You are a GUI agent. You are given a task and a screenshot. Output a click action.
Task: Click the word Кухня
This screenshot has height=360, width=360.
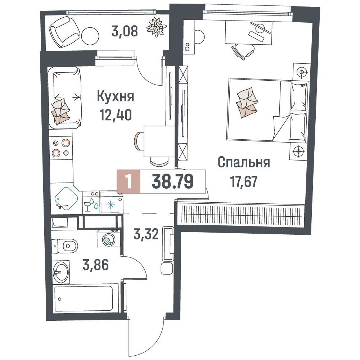[x=115, y=96]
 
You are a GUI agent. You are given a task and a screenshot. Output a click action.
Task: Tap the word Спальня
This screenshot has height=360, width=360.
[x=244, y=162]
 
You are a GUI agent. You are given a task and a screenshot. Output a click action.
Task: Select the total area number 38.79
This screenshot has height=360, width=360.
[x=173, y=181]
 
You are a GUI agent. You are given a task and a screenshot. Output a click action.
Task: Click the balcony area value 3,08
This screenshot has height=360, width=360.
[x=125, y=31]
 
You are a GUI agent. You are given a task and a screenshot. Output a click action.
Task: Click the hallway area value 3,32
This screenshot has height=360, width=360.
[x=146, y=234]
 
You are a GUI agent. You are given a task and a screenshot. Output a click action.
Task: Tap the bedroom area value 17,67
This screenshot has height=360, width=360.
[x=244, y=181]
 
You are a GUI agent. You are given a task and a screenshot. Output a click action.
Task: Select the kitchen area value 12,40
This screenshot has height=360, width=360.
[x=116, y=115]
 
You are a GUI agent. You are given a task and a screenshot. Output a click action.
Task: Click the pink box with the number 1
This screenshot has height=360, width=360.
[x=129, y=181]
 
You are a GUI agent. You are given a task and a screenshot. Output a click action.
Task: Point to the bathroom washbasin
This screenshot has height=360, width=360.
[x=60, y=272]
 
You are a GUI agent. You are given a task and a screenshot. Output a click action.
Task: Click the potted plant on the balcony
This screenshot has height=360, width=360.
[x=156, y=27]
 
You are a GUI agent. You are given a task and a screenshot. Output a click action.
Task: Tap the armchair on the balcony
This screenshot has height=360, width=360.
[x=64, y=32]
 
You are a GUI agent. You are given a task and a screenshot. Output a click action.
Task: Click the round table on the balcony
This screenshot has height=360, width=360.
[x=90, y=36]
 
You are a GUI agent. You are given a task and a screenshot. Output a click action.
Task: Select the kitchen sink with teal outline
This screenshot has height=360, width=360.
[x=66, y=198]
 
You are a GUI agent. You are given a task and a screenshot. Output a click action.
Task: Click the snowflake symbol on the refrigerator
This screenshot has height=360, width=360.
[x=111, y=205]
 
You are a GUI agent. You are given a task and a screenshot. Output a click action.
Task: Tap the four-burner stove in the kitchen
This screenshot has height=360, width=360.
[x=61, y=148]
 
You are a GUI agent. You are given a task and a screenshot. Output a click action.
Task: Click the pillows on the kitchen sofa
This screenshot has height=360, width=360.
[x=60, y=111]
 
